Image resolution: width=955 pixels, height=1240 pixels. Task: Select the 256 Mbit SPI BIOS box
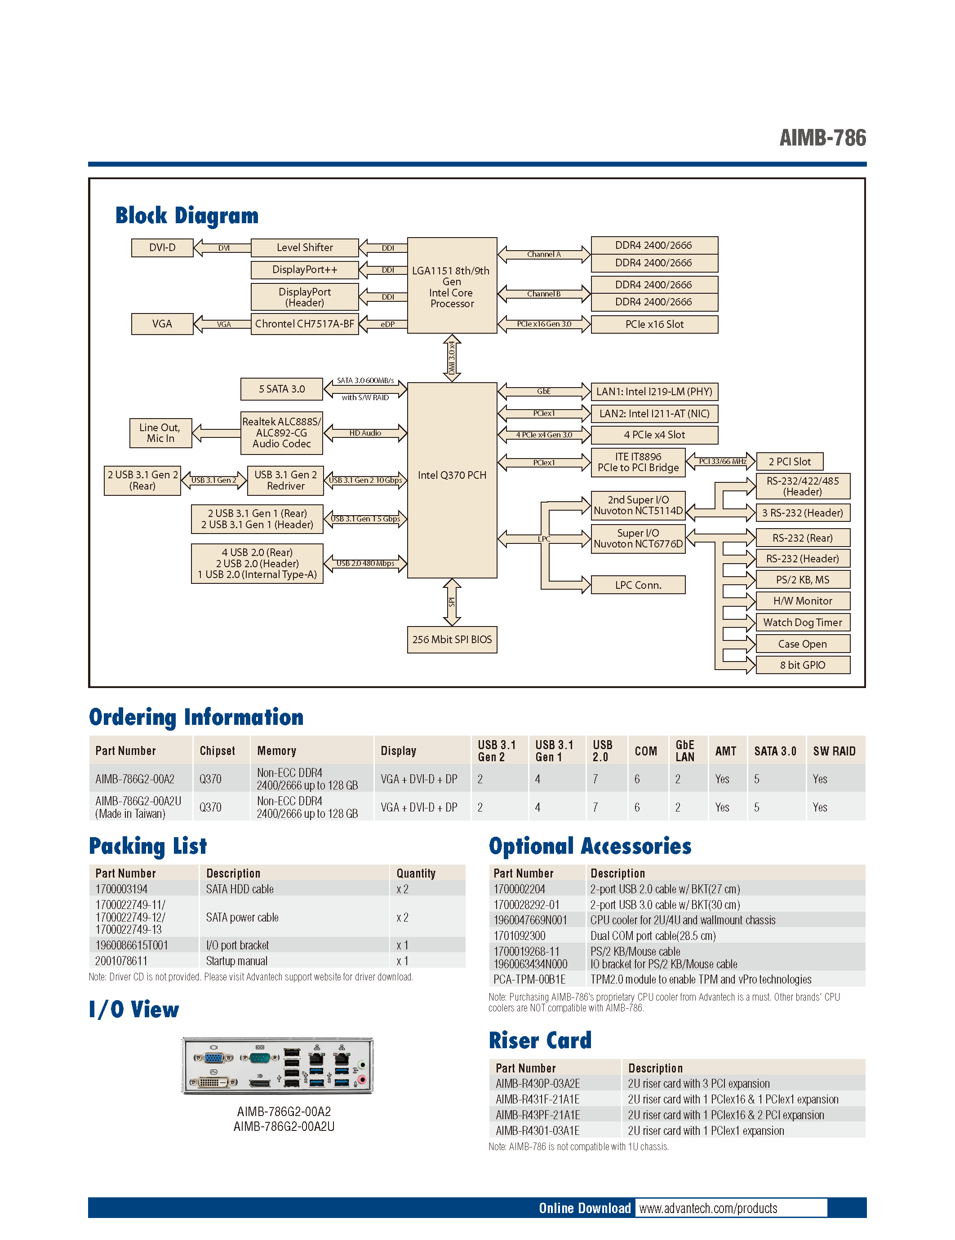click(452, 639)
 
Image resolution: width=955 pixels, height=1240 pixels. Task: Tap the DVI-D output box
click(162, 247)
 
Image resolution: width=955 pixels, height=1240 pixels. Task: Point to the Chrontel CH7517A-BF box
click(305, 324)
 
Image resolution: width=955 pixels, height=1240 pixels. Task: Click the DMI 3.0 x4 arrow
click(452, 357)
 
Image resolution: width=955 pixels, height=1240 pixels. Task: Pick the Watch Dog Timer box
click(802, 622)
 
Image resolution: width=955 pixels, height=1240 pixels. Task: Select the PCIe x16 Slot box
click(654, 324)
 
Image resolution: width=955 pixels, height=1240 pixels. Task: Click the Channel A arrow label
click(544, 254)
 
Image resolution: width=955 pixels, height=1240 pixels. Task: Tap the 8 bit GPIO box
click(802, 665)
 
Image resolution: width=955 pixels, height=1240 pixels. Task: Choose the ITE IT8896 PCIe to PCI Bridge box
click(638, 462)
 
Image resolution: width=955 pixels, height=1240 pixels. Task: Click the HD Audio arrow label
click(365, 432)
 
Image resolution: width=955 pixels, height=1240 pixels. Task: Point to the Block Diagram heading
click(187, 216)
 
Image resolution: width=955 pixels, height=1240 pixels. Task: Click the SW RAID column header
click(834, 750)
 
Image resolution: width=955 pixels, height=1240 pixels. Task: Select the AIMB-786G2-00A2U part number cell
click(138, 807)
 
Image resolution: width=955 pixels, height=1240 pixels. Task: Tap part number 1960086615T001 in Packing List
click(132, 945)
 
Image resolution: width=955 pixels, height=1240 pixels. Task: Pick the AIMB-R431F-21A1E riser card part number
click(537, 1099)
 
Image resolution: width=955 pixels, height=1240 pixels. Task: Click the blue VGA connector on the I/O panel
click(213, 1058)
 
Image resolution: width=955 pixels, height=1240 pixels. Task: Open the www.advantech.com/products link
click(708, 1208)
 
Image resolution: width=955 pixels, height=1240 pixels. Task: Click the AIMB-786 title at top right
click(822, 138)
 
